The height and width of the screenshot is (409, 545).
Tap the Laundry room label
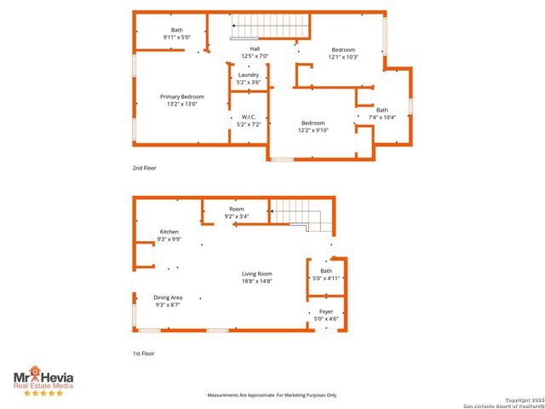(x=249, y=78)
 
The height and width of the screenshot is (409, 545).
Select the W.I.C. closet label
(x=249, y=121)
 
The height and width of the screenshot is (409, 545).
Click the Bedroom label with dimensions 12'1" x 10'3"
(x=343, y=54)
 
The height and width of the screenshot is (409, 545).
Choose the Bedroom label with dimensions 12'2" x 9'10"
(x=313, y=126)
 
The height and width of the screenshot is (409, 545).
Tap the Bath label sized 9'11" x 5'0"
(x=176, y=35)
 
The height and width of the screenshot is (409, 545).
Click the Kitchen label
(x=169, y=235)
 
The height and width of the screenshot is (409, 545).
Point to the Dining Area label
(x=168, y=301)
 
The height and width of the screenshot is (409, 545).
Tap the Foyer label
(x=326, y=315)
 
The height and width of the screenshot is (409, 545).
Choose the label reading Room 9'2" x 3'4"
(x=237, y=213)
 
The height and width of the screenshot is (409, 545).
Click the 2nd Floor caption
(x=144, y=168)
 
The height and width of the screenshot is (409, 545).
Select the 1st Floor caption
(x=144, y=353)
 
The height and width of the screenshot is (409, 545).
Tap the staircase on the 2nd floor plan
(x=265, y=26)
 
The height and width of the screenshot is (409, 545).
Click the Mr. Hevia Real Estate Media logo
(x=42, y=380)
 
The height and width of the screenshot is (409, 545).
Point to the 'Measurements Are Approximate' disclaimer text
(x=272, y=395)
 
